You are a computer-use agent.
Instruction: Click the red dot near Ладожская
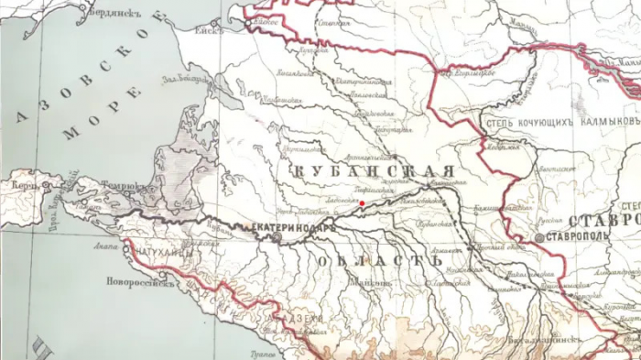click(x=363, y=203)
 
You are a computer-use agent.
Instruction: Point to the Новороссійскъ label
click(x=138, y=281)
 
